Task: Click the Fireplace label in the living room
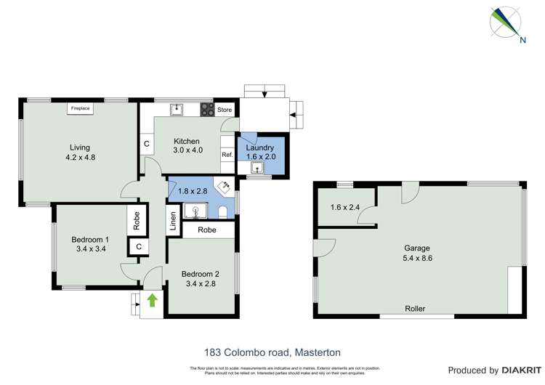(79, 109)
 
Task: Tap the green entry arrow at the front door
(153, 299)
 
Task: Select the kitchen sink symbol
(176, 110)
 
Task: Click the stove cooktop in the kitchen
(207, 110)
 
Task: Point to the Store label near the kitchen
(225, 110)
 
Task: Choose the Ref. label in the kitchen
(227, 154)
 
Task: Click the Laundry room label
(260, 147)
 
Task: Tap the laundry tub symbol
(256, 168)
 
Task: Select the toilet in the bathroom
(223, 211)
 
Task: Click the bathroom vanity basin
(195, 211)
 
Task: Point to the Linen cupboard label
(172, 219)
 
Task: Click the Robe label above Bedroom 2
(206, 230)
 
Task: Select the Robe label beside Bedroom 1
(136, 221)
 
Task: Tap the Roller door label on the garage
(415, 309)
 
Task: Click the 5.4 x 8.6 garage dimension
(417, 258)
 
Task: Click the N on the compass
(522, 40)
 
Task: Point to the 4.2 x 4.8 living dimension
(80, 156)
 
